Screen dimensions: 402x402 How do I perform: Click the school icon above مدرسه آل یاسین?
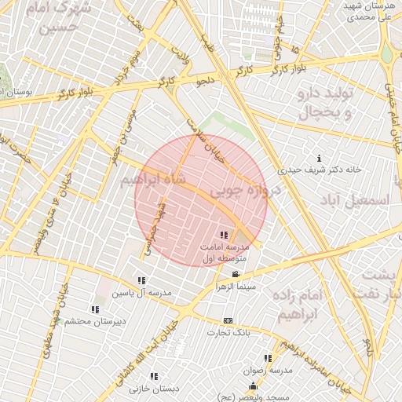click(141, 280)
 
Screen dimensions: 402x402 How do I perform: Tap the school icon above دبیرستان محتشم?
click(95, 309)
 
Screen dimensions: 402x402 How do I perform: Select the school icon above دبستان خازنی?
click(153, 376)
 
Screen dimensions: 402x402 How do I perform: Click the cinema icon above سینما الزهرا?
click(236, 274)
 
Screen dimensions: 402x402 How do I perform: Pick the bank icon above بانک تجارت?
click(228, 320)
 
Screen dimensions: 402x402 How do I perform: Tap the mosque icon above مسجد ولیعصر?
click(253, 386)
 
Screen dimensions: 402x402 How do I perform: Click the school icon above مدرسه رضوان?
click(267, 358)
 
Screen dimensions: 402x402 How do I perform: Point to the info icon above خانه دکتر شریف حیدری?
click(318, 157)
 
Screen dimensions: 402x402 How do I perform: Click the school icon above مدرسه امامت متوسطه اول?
click(225, 234)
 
